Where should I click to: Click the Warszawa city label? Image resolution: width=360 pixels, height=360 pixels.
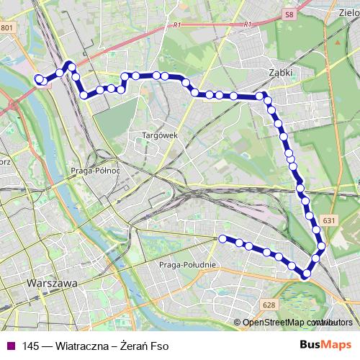click(x=51, y=284)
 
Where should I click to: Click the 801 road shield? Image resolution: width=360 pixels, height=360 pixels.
click(x=7, y=28)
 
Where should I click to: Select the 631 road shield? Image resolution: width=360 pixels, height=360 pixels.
click(x=330, y=220)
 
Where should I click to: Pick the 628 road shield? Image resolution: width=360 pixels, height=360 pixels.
click(x=269, y=305)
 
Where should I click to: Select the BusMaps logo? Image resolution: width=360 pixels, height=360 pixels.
click(x=325, y=346)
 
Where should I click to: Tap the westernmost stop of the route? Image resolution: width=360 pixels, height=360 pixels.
click(x=39, y=79)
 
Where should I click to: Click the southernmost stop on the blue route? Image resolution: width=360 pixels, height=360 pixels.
click(x=307, y=273)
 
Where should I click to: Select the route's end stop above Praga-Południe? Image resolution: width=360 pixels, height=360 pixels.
click(x=222, y=238)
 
